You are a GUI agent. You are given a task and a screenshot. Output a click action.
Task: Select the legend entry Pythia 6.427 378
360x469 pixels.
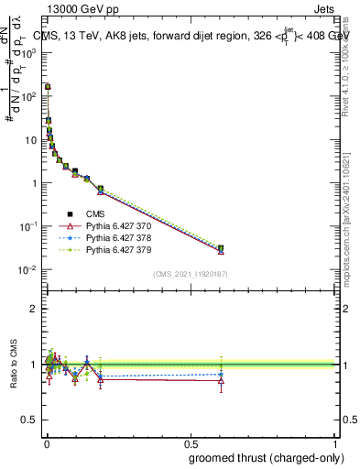[111, 237]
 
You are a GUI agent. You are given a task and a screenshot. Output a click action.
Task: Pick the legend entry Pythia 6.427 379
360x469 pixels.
[111, 249]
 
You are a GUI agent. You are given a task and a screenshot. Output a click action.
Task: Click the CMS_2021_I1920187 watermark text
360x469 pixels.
[190, 274]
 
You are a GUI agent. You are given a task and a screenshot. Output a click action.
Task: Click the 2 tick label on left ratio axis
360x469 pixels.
[34, 309]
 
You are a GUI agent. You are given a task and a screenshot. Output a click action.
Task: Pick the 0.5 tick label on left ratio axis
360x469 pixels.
[30, 420]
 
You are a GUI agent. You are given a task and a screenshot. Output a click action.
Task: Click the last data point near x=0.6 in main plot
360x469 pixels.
[221, 248]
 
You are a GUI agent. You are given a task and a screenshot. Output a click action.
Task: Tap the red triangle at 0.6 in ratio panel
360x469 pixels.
[221, 381]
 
